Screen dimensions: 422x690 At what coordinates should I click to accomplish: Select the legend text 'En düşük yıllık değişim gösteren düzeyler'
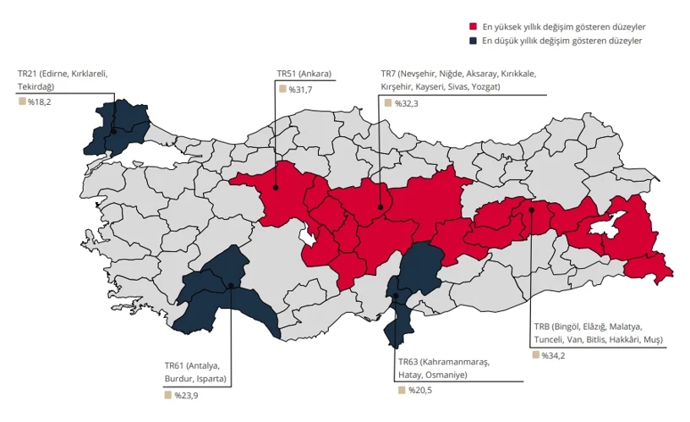(561, 40)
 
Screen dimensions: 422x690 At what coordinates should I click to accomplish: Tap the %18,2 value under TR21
(39, 101)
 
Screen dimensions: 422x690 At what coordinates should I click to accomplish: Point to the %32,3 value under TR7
(406, 103)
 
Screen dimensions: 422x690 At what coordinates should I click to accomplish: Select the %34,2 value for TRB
(554, 355)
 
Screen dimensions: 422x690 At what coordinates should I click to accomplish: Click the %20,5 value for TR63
(420, 390)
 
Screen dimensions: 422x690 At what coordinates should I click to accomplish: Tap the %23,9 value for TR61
(186, 395)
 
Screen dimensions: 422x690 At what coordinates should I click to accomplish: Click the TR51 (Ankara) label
(304, 74)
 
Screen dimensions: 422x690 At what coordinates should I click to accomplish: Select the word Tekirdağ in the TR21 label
(36, 86)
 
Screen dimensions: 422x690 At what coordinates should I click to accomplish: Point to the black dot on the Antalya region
(231, 286)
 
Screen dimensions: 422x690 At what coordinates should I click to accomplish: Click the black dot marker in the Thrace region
(113, 131)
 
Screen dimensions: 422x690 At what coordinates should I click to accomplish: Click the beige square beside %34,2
(536, 355)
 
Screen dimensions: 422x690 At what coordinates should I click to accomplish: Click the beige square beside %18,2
(21, 101)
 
